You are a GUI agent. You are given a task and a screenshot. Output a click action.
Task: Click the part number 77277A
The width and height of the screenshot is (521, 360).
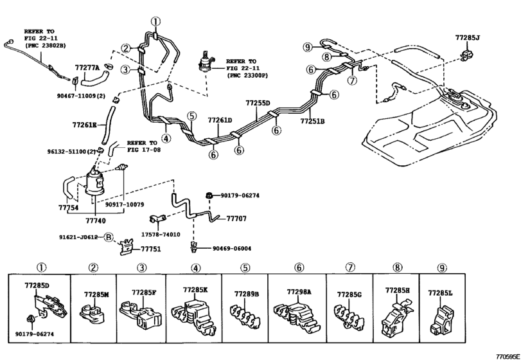pyautogui.click(x=87, y=67)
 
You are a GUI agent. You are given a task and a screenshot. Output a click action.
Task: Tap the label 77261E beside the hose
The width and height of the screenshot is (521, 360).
pyautogui.click(x=84, y=125)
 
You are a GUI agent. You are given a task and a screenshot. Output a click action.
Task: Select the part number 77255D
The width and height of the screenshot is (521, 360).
pyautogui.click(x=258, y=103)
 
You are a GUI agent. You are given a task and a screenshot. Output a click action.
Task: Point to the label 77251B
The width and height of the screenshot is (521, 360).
pyautogui.click(x=312, y=122)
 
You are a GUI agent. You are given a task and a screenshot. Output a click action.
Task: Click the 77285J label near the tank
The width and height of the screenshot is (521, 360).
pyautogui.click(x=468, y=37)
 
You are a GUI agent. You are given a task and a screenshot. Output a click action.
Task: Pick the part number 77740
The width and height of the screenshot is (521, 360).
pyautogui.click(x=95, y=220)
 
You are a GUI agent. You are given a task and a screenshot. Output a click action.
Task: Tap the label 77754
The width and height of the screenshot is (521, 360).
pyautogui.click(x=69, y=208)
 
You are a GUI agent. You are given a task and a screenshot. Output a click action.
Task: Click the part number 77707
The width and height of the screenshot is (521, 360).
pyautogui.click(x=236, y=219)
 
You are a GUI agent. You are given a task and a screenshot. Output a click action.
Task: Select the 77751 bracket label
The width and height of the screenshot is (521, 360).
pyautogui.click(x=150, y=249)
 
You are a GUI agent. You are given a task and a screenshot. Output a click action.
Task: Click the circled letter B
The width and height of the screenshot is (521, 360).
pyautogui.click(x=109, y=237)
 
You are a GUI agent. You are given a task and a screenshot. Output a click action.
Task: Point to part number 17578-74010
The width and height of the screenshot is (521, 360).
pyautogui.click(x=161, y=235)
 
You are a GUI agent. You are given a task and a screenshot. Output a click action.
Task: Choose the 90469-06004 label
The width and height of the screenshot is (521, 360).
pyautogui.click(x=232, y=248)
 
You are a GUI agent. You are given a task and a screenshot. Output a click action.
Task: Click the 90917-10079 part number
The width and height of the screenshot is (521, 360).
pyautogui.click(x=125, y=204)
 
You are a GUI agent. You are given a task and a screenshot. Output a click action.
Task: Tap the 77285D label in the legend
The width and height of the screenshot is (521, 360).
pyautogui.click(x=37, y=285)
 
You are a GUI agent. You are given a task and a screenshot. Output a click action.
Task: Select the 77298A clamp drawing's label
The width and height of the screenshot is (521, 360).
pyautogui.click(x=299, y=291)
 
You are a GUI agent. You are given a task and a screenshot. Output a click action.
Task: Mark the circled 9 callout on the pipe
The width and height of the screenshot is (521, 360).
pyautogui.click(x=308, y=48)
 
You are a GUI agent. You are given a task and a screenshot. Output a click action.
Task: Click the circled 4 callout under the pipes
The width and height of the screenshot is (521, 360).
pyautogui.click(x=166, y=138)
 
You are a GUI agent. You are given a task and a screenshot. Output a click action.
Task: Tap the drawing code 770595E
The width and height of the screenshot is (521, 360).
pyautogui.click(x=508, y=356)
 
